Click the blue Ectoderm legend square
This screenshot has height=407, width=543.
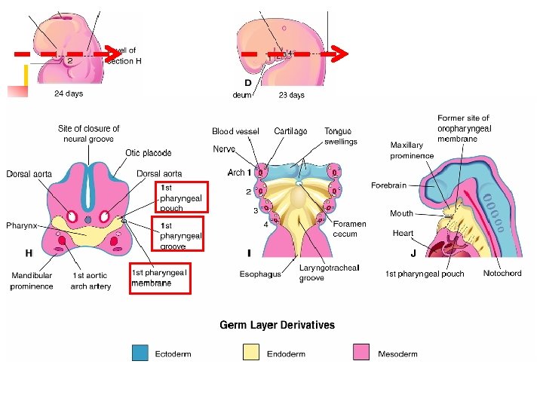[x=140, y=352]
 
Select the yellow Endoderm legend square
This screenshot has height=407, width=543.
[x=251, y=352]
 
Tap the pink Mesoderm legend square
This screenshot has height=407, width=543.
[x=361, y=352]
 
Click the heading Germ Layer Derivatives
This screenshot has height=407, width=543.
[x=277, y=325]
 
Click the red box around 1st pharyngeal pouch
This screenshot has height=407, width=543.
[x=181, y=197]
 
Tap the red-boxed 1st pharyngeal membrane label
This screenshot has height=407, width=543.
[x=159, y=277]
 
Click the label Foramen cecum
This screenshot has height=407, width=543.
[x=349, y=228]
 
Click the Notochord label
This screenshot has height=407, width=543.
[x=502, y=273]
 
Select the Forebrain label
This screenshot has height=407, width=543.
[x=388, y=185]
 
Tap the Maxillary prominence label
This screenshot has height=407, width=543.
[x=412, y=150]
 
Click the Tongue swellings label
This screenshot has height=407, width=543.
[x=341, y=136]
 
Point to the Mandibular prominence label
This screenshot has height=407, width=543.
[x=32, y=281]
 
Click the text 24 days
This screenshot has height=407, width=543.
[x=68, y=94]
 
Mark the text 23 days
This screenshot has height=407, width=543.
[x=291, y=95]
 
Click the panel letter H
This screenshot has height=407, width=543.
[x=29, y=252]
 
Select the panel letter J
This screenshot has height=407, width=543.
[x=413, y=253]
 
